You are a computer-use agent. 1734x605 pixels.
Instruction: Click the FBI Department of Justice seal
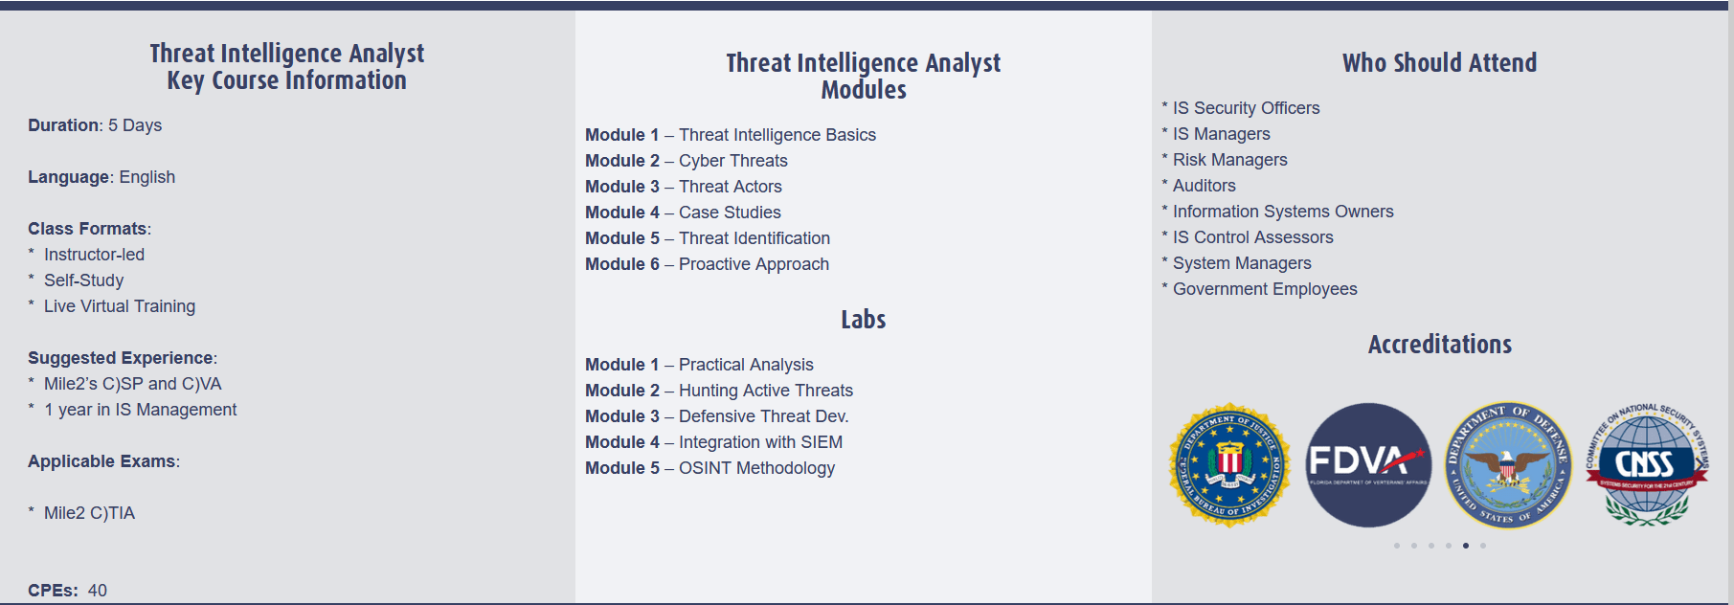pos(1229,465)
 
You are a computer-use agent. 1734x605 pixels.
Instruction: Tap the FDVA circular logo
pos(1368,465)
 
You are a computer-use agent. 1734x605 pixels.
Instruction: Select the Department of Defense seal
pos(1508,465)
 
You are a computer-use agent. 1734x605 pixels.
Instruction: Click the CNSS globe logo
pos(1646,465)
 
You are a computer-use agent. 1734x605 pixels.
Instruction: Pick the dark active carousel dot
pos(1466,546)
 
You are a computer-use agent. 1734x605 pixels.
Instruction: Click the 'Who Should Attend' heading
pos(1439,63)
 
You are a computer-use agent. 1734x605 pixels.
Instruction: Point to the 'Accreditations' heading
pos(1439,345)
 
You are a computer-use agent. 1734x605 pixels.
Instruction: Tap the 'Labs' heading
pos(864,320)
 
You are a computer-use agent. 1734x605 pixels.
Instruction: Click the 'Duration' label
pos(64,125)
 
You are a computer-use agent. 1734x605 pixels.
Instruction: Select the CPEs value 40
pos(98,591)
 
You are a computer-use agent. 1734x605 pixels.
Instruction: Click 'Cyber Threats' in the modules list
pos(733,161)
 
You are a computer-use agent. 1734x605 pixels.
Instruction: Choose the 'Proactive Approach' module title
pos(754,264)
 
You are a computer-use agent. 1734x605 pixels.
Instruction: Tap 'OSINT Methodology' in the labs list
pos(756,468)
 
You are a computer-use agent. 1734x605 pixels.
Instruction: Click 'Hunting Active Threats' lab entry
pos(766,391)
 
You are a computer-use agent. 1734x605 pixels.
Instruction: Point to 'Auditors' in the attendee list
pos(1204,186)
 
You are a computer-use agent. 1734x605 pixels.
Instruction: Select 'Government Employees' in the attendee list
pos(1265,289)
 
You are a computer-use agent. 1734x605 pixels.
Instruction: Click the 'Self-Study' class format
pos(83,280)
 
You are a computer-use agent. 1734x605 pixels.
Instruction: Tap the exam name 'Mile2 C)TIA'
pos(89,513)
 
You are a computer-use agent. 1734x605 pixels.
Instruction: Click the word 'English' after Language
pos(147,177)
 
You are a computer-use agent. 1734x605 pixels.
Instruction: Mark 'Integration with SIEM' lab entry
pos(760,442)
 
